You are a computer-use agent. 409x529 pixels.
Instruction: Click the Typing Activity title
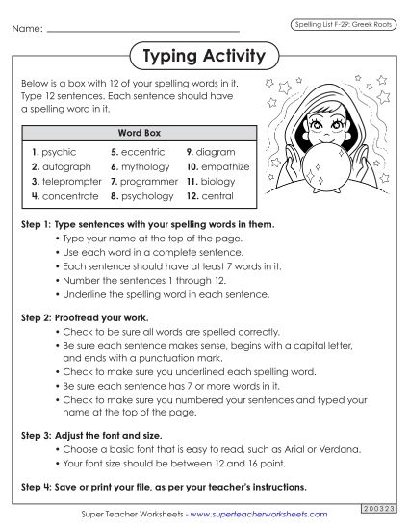[203, 56]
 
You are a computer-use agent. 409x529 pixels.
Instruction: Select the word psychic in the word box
[59, 152]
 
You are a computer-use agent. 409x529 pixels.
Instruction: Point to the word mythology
[145, 166]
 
